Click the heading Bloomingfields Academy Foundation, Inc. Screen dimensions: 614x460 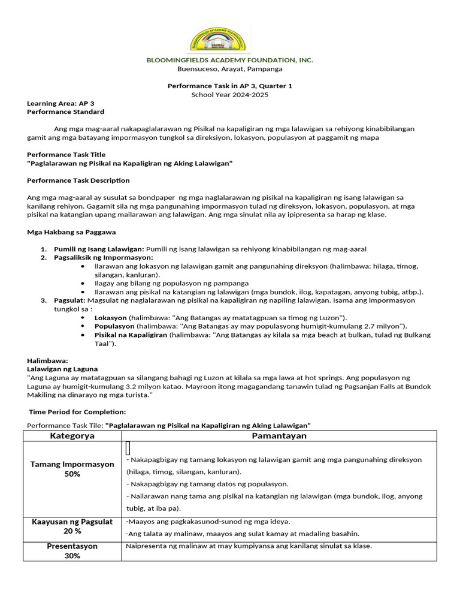pos(230,60)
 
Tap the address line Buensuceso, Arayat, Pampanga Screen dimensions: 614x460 pos(230,69)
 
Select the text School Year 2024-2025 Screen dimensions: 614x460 pos(230,95)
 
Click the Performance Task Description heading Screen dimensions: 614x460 pos(78,180)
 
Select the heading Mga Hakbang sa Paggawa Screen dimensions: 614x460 pos(71,231)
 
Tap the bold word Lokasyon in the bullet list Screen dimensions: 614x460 pos(111,317)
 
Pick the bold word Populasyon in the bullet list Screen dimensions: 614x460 pos(114,326)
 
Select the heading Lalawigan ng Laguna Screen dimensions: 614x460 pos(62,369)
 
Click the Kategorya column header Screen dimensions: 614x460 pos(72,436)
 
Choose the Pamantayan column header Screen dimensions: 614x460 pos(279,436)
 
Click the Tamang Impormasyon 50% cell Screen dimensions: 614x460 pos(72,469)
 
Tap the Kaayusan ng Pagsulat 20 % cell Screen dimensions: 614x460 pos(72,526)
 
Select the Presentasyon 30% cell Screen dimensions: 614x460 pos(72,551)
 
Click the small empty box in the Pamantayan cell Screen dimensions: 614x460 pos(128,448)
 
